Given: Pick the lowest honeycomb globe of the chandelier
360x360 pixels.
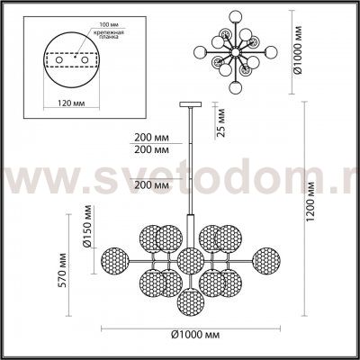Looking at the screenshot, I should [189, 301].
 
